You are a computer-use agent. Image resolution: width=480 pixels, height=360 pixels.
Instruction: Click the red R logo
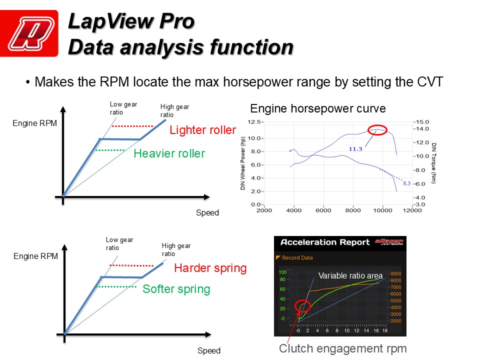(x=29, y=33)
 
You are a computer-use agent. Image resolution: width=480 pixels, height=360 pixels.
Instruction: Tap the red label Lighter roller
(x=202, y=130)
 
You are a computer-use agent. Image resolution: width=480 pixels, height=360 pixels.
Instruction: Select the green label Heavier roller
(x=169, y=153)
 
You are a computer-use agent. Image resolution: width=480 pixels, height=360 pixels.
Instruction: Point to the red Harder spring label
(x=210, y=268)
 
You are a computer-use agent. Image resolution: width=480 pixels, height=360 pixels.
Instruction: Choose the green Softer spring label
(x=176, y=289)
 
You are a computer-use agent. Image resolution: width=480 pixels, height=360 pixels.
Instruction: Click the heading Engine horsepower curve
(x=318, y=108)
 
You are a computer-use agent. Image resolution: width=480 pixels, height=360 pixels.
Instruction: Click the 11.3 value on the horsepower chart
(x=355, y=149)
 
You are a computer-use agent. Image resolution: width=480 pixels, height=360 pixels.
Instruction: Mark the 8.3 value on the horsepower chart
(x=407, y=183)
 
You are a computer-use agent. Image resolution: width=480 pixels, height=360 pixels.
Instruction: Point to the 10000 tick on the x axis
(x=382, y=210)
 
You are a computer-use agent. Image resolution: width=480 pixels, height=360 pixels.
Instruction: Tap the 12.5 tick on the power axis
(x=254, y=122)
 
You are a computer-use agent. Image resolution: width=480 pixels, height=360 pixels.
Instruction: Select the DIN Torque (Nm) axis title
(x=433, y=163)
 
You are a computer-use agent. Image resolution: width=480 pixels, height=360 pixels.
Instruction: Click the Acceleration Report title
(x=325, y=242)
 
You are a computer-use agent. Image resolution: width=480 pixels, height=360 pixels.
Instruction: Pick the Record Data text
(x=297, y=258)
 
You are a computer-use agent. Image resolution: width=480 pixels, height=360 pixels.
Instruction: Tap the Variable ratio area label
(x=350, y=275)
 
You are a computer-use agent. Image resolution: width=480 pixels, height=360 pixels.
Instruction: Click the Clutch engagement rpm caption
(x=343, y=348)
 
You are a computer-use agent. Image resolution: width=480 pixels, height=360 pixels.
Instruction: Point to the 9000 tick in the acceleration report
(x=395, y=273)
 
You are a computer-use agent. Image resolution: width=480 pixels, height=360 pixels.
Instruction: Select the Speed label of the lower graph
(x=209, y=350)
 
